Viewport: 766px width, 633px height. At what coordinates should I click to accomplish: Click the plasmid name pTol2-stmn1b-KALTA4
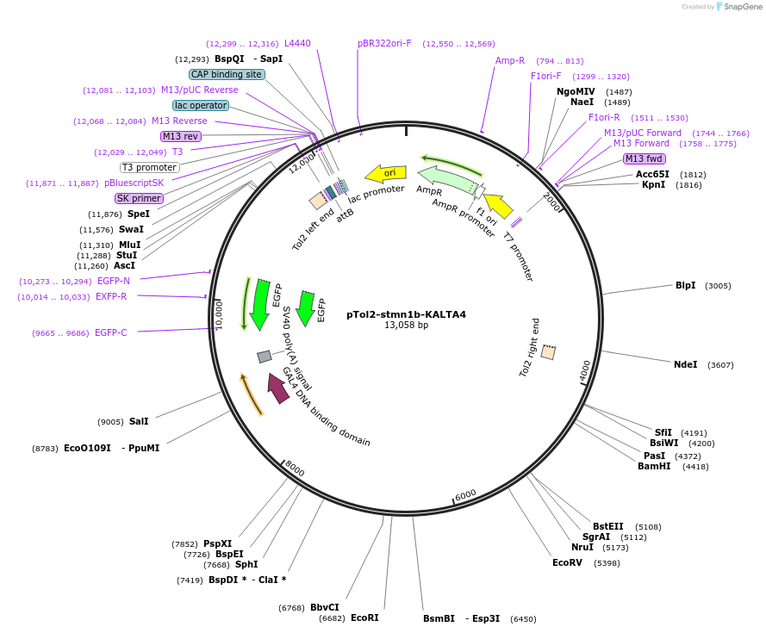click(x=406, y=314)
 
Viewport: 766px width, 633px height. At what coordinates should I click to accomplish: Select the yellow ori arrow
click(x=385, y=174)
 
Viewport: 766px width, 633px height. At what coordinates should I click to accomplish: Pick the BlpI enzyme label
click(x=685, y=285)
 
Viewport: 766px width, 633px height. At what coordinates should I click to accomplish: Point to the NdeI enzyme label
click(x=685, y=364)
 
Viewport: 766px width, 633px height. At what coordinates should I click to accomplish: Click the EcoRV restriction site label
click(x=567, y=562)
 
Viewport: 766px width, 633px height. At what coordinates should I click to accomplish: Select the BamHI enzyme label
click(x=654, y=466)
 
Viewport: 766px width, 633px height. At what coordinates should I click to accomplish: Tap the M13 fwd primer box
click(x=644, y=158)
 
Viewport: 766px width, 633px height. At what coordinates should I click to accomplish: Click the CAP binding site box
click(x=227, y=75)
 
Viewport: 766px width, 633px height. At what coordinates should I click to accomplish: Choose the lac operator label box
click(x=201, y=106)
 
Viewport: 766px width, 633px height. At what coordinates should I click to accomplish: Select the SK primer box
click(x=140, y=198)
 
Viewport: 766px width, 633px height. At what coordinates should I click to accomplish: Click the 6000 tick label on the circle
click(x=464, y=494)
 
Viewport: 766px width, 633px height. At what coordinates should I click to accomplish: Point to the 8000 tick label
click(x=295, y=469)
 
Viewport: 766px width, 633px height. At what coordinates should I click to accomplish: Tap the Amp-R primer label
click(x=510, y=60)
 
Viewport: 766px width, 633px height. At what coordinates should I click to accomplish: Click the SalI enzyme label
click(x=139, y=421)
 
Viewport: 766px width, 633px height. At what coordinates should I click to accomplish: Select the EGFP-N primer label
click(x=114, y=281)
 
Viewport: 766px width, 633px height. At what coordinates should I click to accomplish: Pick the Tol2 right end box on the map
click(x=548, y=352)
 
